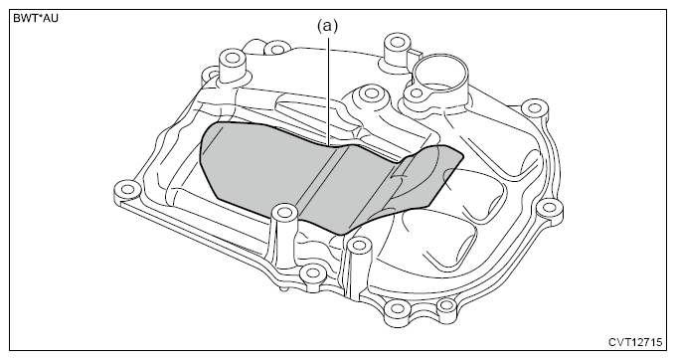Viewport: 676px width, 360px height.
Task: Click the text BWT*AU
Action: tap(36, 19)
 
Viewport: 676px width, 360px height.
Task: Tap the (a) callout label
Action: tap(328, 26)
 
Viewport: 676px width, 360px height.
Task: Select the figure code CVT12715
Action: tap(635, 342)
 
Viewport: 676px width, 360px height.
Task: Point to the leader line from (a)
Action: tap(328, 91)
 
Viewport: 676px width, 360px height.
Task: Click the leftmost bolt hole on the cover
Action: tap(127, 189)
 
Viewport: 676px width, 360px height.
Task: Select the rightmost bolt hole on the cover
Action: tap(549, 208)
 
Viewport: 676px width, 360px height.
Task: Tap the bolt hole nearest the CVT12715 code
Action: tap(446, 306)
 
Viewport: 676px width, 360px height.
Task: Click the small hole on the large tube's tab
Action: tap(416, 92)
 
